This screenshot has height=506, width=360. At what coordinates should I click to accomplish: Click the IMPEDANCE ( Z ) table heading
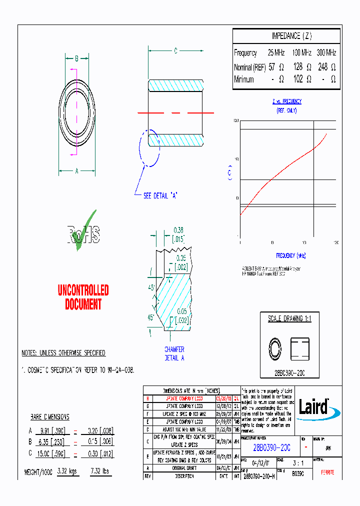tap(291, 36)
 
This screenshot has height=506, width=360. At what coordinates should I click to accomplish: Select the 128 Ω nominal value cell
tap(302, 66)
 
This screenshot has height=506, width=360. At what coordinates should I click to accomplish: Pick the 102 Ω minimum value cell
tap(302, 79)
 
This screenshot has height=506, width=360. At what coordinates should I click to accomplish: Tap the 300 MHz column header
tap(326, 52)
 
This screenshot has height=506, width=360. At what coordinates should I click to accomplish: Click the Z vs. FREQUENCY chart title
tap(286, 101)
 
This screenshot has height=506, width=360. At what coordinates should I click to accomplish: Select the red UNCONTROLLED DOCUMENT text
tap(83, 297)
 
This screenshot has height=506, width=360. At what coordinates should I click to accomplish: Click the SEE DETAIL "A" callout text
tap(160, 196)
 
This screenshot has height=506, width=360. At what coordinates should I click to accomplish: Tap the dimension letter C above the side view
tap(175, 50)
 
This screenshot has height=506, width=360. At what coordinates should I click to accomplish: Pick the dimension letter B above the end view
tap(76, 58)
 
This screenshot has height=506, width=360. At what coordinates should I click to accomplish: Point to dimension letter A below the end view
tap(76, 171)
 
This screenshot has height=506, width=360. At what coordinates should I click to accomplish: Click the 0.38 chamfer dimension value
tap(178, 230)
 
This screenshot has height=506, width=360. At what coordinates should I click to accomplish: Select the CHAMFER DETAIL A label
tap(174, 353)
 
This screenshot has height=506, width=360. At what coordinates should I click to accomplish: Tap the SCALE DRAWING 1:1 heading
tap(289, 319)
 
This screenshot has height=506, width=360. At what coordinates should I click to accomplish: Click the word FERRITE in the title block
tap(327, 472)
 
